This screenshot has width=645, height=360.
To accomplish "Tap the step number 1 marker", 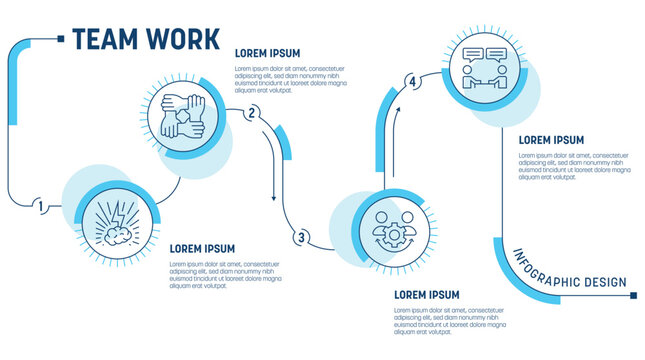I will point(40,207).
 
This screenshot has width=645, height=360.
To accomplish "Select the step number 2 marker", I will point(252,112).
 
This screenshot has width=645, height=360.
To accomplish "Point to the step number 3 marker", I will point(300,237).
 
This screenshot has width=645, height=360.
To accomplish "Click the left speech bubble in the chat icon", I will point(472,55).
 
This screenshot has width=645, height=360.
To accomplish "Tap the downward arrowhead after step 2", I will point(274,198).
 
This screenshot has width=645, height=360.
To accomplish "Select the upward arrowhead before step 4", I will point(396,112).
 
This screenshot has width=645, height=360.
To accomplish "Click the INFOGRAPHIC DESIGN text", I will point(570,269).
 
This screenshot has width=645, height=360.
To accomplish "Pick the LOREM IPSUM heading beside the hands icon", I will point(267,53).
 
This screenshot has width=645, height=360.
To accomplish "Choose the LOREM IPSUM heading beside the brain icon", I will point(202,248).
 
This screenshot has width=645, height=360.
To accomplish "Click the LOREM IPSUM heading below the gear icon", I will point(427,295).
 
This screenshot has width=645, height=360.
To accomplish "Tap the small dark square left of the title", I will point(62,38).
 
